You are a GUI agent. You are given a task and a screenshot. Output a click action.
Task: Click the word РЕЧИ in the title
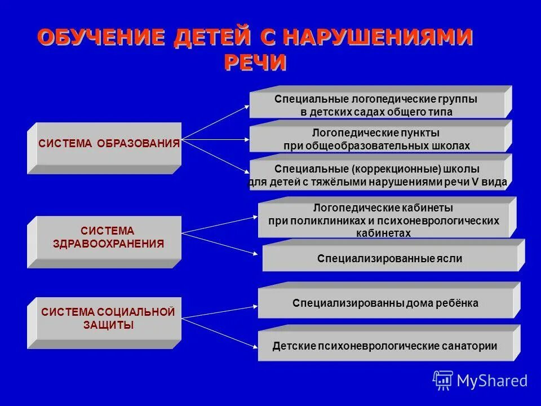point(255,62)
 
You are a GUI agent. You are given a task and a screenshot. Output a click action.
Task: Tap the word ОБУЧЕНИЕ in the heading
point(101,37)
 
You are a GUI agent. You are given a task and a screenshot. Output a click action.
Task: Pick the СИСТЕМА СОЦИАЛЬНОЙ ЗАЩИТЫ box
point(107,319)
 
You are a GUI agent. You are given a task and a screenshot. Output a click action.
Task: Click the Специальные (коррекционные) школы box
point(377,175)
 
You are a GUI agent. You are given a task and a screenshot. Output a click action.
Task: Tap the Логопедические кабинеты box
point(383,220)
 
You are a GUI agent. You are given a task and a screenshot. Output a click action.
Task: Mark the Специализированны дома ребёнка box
point(385,303)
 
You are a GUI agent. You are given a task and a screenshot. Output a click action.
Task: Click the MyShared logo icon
point(443,380)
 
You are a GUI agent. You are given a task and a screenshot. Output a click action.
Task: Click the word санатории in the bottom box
point(470,346)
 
